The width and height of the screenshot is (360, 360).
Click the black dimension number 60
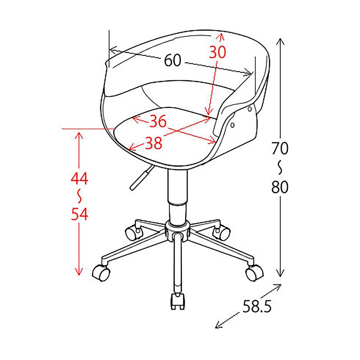[x=173, y=60]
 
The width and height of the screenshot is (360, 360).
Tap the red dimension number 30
[x=217, y=52]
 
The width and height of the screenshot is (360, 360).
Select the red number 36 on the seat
[x=158, y=121]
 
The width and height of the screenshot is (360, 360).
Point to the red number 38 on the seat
[x=154, y=143]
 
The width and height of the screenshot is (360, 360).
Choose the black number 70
[x=280, y=148]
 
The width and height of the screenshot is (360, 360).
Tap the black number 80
[x=280, y=186]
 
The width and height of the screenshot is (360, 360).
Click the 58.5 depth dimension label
[x=257, y=306]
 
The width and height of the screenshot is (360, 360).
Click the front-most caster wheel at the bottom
[x=177, y=302]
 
